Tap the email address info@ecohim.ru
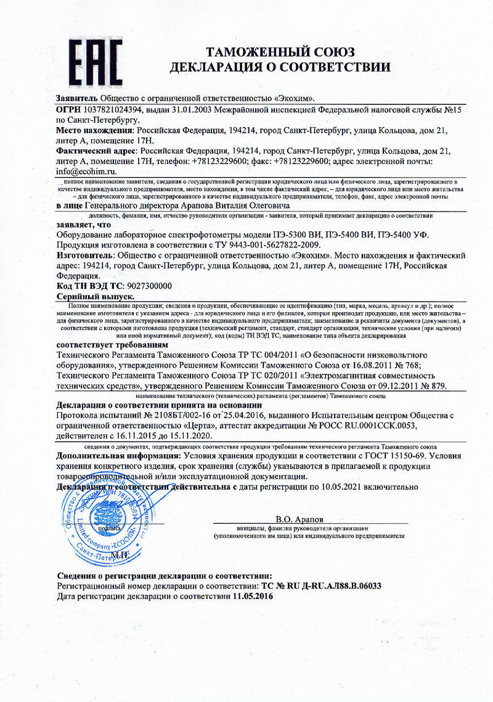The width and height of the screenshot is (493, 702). [x=86, y=170]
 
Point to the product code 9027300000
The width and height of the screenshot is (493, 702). [x=149, y=286]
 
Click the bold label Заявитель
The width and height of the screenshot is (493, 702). [x=76, y=98]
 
